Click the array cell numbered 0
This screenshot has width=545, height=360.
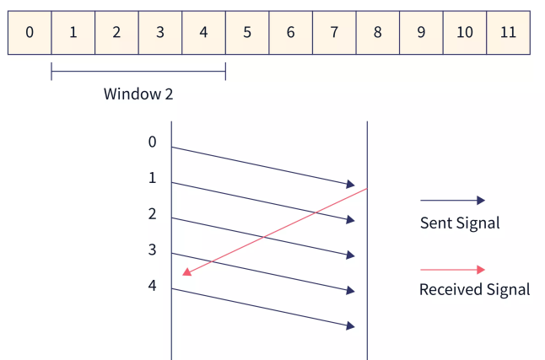30,33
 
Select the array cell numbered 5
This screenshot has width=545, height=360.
246,33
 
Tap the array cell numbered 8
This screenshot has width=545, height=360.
377,33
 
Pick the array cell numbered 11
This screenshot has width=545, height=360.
508,33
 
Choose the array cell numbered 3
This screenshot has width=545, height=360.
159,33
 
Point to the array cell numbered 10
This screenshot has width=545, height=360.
464,33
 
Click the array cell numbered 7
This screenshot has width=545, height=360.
334,33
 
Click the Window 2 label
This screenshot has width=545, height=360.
138,94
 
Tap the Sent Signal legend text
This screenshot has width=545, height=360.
460,223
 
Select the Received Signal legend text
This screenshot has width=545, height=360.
474,290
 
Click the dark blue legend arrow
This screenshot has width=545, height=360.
452,201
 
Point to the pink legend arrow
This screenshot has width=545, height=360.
452,270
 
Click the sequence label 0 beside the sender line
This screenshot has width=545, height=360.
153,142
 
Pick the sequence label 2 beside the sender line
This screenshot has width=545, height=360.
153,214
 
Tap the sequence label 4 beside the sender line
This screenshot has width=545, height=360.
153,286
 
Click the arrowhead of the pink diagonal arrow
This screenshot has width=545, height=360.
186,272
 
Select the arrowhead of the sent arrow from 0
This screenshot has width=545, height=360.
350,184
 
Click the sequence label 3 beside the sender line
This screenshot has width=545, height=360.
153,250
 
